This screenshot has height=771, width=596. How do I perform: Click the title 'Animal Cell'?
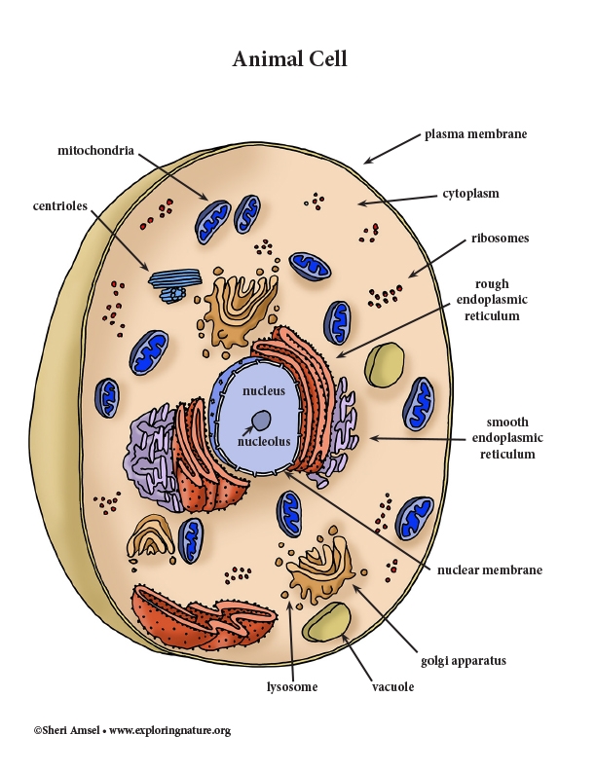pyautogui.click(x=289, y=59)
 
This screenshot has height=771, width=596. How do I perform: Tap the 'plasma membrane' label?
pyautogui.click(x=475, y=134)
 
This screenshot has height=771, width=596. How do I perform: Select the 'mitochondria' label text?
pyautogui.click(x=94, y=151)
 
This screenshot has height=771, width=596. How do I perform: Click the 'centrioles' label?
pyautogui.click(x=60, y=205)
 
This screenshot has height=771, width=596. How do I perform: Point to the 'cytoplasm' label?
pyautogui.click(x=470, y=194)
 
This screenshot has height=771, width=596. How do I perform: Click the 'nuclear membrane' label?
pyautogui.click(x=491, y=569)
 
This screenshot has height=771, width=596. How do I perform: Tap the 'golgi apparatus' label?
pyautogui.click(x=464, y=661)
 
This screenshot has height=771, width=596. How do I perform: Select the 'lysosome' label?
pyautogui.click(x=292, y=687)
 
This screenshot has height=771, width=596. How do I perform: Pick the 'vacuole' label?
pyautogui.click(x=392, y=687)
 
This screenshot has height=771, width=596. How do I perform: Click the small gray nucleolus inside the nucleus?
pyautogui.click(x=262, y=421)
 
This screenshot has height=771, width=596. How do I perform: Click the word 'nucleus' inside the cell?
pyautogui.click(x=263, y=391)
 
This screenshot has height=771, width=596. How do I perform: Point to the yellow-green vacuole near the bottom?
pyautogui.click(x=327, y=623)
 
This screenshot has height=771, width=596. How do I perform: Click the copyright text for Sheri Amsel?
pyautogui.click(x=131, y=730)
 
